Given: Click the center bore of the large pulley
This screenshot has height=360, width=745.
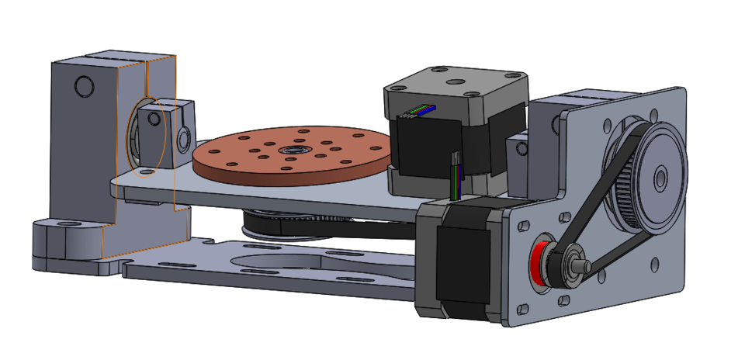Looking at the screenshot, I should click(660, 178).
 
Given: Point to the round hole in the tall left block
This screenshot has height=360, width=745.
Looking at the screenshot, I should click(83, 85).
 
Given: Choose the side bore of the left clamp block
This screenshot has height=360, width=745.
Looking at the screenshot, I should click(184, 139).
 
